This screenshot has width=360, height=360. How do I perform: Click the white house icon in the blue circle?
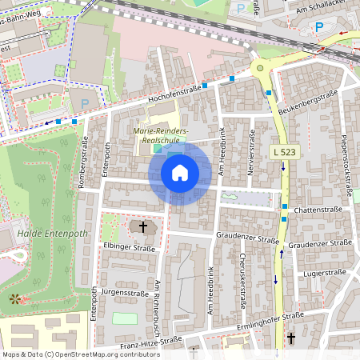180,172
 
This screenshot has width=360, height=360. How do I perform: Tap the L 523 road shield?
284,150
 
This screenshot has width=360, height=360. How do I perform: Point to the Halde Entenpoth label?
47,236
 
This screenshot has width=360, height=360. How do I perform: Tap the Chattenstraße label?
318,210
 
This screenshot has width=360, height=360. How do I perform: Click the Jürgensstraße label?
128,292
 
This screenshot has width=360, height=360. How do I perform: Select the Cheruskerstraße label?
242,280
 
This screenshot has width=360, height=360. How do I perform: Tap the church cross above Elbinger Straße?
143,227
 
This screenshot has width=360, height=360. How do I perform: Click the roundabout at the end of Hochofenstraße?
258,69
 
